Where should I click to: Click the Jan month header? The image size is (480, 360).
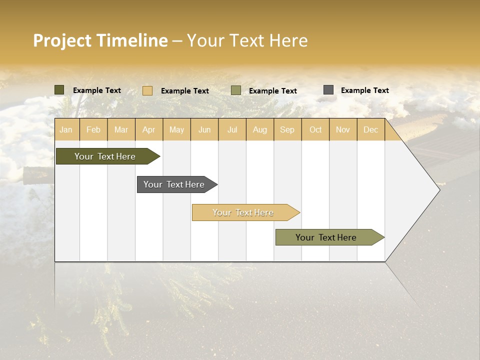(66, 130)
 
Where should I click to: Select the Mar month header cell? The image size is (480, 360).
(121, 130)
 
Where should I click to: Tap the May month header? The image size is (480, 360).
(176, 130)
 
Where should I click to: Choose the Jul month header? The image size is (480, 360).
(232, 130)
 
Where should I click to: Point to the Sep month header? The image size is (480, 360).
(287, 130)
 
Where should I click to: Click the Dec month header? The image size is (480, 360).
(370, 130)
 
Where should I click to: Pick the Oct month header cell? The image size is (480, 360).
(315, 130)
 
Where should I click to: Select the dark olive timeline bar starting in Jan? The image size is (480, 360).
(105, 156)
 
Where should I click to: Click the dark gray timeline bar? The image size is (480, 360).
(174, 184)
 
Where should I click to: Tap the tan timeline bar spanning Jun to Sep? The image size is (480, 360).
(243, 212)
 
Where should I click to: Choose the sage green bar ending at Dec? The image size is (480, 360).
(326, 237)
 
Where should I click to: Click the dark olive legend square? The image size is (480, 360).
(59, 90)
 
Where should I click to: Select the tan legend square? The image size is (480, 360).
(147, 90)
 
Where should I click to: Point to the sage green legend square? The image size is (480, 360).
(236, 90)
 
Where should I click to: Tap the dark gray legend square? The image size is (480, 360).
(328, 90)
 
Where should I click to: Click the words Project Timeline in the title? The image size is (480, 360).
(100, 40)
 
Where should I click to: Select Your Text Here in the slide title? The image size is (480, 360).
(247, 40)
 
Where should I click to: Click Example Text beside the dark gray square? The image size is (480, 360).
(364, 90)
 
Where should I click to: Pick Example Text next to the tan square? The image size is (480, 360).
(184, 91)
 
